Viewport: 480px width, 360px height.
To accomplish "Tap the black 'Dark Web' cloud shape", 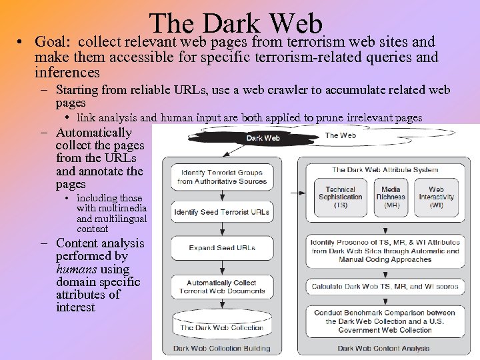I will click(263, 138).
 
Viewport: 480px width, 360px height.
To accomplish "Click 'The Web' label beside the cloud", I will click(340, 135).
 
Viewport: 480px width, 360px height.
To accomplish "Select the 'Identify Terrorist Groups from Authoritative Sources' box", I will click(221, 177).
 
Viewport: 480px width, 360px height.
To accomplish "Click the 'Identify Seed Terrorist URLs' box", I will click(221, 213).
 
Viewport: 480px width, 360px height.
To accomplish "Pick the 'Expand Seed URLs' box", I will click(221, 248).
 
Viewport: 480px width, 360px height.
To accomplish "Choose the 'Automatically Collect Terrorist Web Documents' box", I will click(221, 287).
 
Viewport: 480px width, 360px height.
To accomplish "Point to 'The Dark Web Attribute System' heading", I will click(385, 170).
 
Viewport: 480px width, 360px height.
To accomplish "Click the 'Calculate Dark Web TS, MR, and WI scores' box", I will click(385, 287).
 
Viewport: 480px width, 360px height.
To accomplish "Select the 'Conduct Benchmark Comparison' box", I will click(385, 321).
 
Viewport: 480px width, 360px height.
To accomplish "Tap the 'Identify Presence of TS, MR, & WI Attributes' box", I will click(385, 251).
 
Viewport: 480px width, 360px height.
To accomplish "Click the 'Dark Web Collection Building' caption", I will click(221, 349).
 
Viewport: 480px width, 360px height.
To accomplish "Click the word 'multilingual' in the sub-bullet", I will click(120, 219).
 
